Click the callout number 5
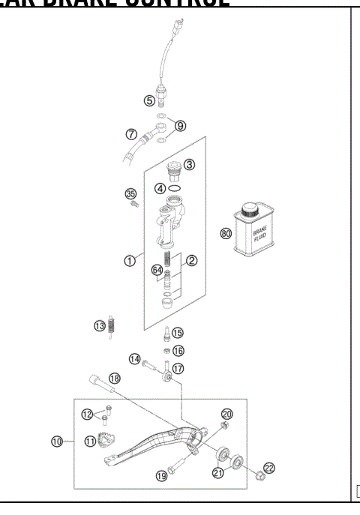(x=150, y=100)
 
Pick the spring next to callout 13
(x=113, y=326)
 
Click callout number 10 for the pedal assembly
(x=57, y=442)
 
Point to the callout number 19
(x=161, y=475)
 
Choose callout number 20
(x=227, y=414)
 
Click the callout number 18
(x=114, y=378)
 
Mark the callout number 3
(x=189, y=164)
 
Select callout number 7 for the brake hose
(x=131, y=135)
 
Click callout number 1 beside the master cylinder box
(x=130, y=261)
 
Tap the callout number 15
(x=178, y=332)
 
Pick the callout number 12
(x=88, y=414)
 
